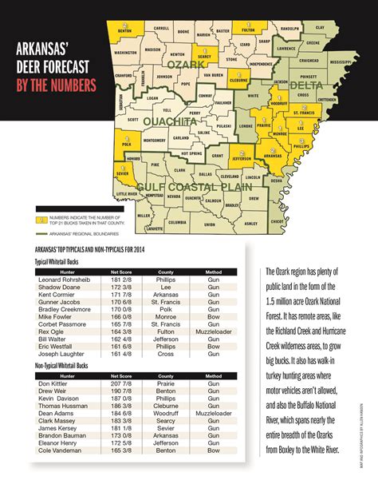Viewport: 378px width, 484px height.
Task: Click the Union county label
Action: [208, 224]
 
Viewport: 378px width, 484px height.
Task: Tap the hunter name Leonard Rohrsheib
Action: [68, 280]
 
